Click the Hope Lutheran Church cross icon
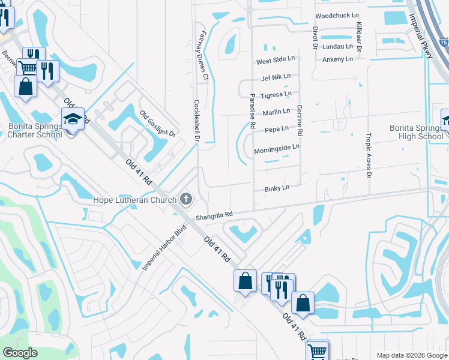pyautogui.click(x=186, y=199)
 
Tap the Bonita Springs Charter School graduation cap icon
pyautogui.click(x=73, y=119)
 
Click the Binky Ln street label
pyautogui.click(x=277, y=188)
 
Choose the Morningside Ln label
pyautogui.click(x=276, y=148)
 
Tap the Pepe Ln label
pyautogui.click(x=276, y=129)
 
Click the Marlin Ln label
pyautogui.click(x=276, y=112)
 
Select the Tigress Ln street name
pyautogui.click(x=276, y=94)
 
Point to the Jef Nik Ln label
pyautogui.click(x=276, y=77)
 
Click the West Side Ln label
pyautogui.click(x=276, y=60)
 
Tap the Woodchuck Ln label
pyautogui.click(x=336, y=15)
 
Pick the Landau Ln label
pyautogui.click(x=337, y=46)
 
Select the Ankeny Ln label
pyautogui.click(x=337, y=59)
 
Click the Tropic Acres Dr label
pyautogui.click(x=369, y=155)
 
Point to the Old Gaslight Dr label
pyautogui.click(x=157, y=124)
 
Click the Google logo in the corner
pyautogui.click(x=20, y=353)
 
